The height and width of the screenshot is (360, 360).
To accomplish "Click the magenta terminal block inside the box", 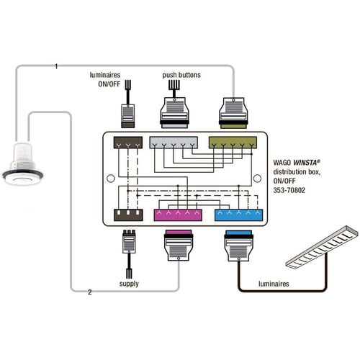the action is click(x=178, y=215).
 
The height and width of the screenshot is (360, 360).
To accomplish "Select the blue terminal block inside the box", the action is click(x=238, y=215).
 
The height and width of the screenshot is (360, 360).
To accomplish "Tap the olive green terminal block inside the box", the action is click(x=233, y=143).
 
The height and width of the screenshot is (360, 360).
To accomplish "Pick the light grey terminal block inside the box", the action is click(x=174, y=143).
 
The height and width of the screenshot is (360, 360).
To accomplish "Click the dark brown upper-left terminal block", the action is click(x=128, y=143).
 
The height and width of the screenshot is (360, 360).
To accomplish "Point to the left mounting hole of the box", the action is click(x=111, y=179).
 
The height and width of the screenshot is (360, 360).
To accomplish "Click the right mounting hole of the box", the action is click(x=257, y=179).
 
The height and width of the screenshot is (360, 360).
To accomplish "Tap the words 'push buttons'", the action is click(x=181, y=75).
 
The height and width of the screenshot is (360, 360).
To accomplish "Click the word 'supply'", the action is click(x=129, y=284).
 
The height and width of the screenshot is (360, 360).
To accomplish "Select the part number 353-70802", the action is click(x=289, y=190).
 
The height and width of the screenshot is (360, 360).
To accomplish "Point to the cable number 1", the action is click(x=56, y=66).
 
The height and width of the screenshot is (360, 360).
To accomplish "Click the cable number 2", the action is click(x=90, y=292).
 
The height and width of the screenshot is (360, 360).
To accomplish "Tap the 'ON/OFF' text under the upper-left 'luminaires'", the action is click(x=109, y=84).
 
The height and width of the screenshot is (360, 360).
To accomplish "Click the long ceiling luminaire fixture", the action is click(x=323, y=247).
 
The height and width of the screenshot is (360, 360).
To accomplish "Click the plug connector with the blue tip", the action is click(x=239, y=246).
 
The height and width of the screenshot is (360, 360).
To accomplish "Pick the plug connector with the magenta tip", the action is click(x=179, y=246).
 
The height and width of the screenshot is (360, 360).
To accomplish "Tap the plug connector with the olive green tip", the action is click(x=233, y=113).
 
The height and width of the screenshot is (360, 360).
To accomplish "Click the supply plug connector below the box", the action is click(x=129, y=242).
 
